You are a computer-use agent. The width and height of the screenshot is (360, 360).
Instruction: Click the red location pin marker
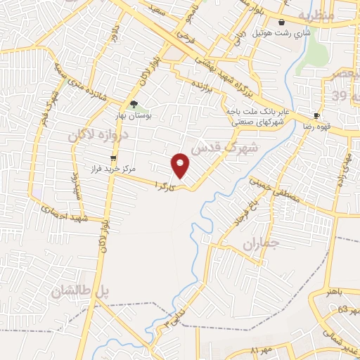tap(181, 165)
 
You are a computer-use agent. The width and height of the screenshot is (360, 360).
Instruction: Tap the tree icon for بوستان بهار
tap(133, 105)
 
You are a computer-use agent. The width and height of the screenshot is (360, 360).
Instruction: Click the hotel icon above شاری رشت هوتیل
tap(282, 22)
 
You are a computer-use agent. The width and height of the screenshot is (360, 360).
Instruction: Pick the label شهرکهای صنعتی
tap(257, 123)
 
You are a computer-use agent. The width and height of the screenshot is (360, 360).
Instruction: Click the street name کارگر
tap(162, 187)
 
